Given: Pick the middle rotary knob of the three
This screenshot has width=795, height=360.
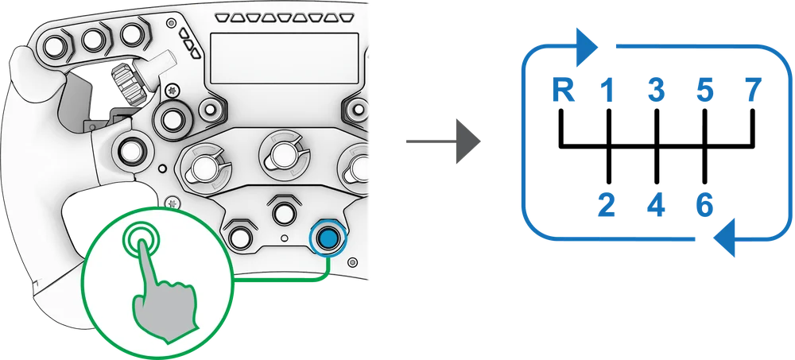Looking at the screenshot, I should [280, 154].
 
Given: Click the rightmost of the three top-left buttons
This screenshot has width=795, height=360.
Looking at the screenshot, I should [130, 34].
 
